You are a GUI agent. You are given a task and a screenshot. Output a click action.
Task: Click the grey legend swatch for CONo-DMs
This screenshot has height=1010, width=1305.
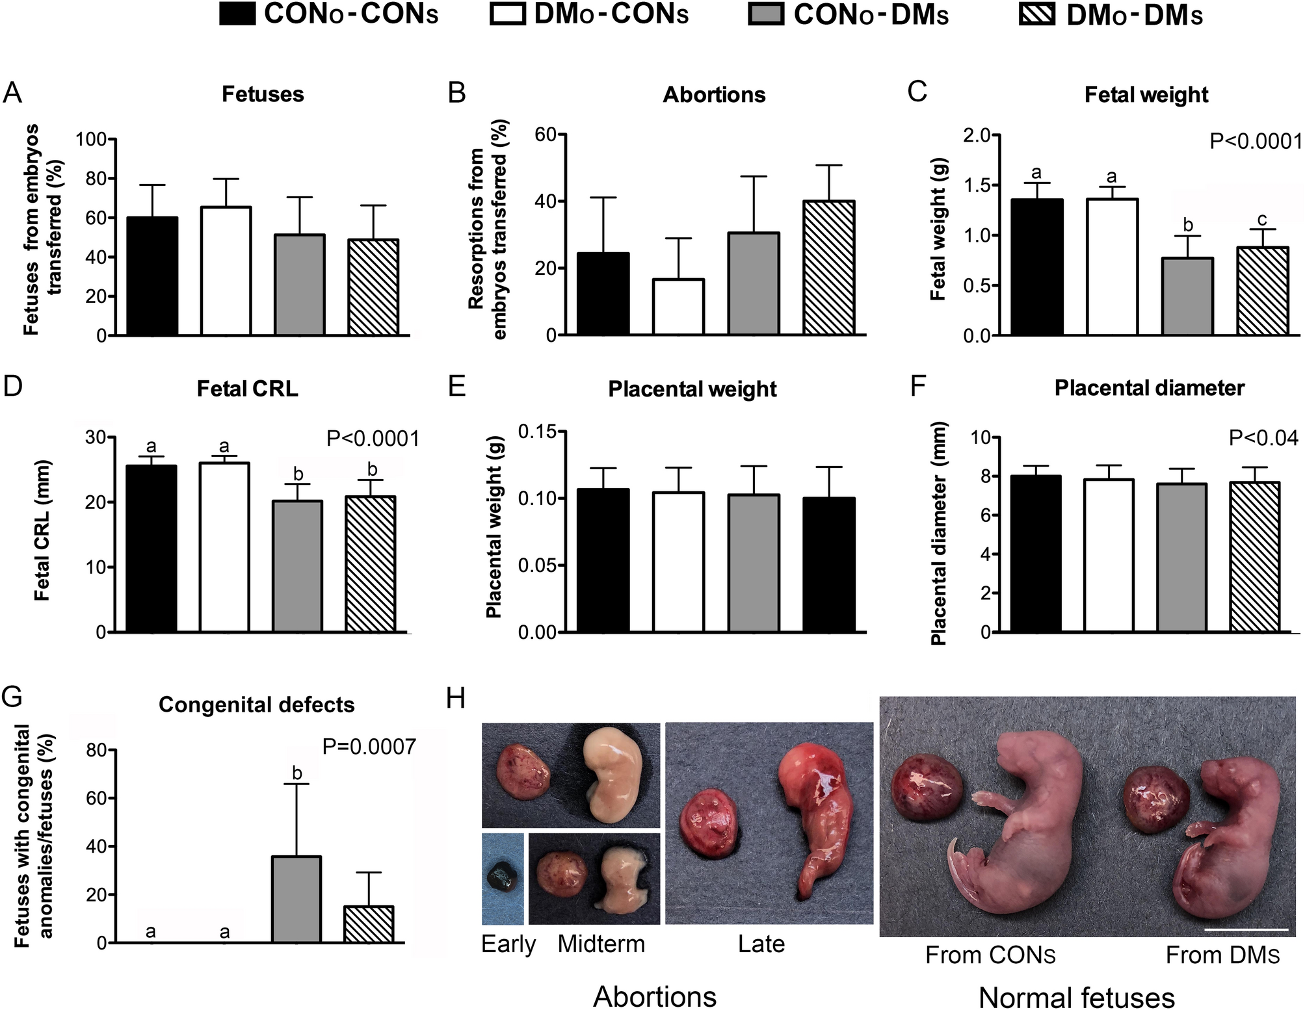[766, 14]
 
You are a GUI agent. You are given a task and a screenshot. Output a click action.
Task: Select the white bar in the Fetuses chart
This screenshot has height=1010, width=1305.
[226, 271]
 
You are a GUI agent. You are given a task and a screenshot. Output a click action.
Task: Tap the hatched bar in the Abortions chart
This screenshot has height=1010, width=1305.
[828, 268]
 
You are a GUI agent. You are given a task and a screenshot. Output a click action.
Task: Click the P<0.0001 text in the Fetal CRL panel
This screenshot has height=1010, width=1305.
[373, 439]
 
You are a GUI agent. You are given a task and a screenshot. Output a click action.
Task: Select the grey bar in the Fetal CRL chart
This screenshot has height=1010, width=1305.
[297, 565]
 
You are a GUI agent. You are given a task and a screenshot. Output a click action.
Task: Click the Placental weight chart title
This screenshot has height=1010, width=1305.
[692, 389]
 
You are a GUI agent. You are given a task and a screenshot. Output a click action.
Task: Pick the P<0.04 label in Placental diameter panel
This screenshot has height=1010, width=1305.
[1263, 439]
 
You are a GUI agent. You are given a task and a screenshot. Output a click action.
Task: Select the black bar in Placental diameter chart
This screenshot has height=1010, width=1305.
[1035, 553]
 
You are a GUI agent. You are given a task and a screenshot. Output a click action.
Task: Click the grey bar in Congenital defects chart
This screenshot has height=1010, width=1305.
[297, 900]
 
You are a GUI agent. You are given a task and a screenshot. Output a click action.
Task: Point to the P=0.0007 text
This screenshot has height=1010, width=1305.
[369, 747]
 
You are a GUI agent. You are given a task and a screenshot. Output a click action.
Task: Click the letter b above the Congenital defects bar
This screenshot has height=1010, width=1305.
[297, 773]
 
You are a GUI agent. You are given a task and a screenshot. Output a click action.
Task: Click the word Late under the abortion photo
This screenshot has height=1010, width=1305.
[761, 944]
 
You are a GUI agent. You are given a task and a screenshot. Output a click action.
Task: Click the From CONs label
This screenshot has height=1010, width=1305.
[990, 955]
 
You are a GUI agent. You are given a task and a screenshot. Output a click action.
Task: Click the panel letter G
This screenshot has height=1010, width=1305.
[12, 697]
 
